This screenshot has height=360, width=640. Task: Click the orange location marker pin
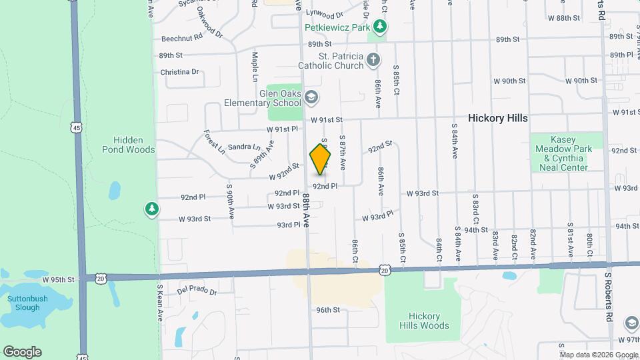point(321,159)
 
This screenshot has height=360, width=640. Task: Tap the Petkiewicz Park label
point(337,27)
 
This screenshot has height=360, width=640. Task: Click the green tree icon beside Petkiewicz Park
point(380,27)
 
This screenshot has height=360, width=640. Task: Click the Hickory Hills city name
point(497,118)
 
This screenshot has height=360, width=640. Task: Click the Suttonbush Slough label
point(28,303)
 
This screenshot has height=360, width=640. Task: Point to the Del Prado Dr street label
point(197,291)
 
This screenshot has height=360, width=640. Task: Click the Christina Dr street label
point(179,72)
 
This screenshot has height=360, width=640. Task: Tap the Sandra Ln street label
point(244,147)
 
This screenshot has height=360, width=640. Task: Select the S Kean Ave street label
point(160,303)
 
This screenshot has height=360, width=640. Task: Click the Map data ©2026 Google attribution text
point(598,355)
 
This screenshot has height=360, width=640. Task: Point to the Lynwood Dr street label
point(324,13)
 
